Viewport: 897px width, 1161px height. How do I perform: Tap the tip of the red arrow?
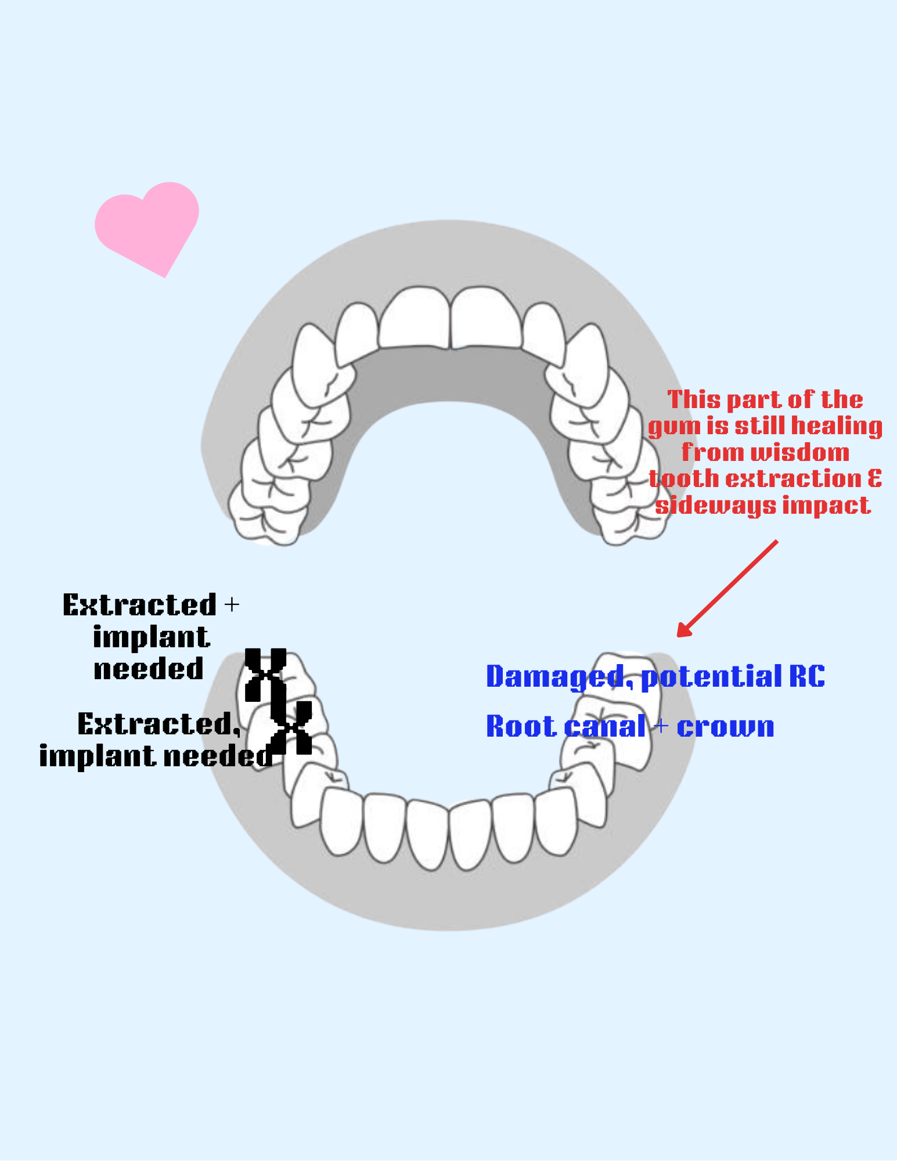(679, 636)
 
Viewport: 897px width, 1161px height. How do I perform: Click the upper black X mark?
(265, 675)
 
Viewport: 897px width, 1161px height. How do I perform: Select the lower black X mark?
(291, 727)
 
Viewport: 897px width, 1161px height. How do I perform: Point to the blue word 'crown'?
(725, 727)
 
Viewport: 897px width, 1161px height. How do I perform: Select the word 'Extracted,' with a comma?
(158, 724)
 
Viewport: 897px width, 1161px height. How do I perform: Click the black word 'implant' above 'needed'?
(151, 637)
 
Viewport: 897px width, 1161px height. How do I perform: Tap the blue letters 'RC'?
(806, 676)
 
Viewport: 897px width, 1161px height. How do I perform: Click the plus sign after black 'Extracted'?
(231, 605)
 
